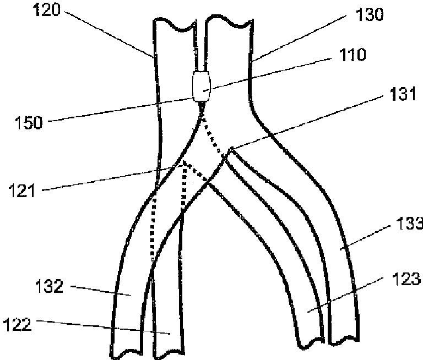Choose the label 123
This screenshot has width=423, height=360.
408,280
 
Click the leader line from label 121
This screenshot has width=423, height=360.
110,177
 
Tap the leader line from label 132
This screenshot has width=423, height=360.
96,290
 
